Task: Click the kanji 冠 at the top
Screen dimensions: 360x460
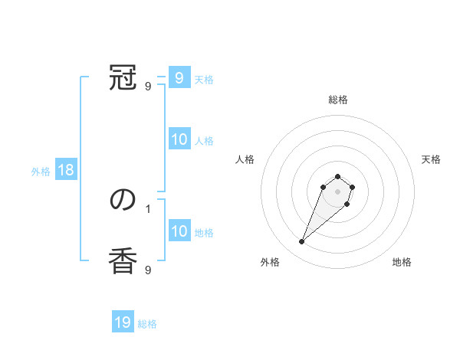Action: pos(123,79)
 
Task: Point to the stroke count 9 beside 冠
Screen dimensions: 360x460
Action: pos(148,87)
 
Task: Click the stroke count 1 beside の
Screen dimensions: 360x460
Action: pos(148,208)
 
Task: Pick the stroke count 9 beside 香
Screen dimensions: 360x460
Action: pos(148,270)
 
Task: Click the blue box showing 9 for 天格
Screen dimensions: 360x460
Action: pos(179,78)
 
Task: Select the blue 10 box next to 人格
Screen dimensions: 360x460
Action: pos(179,139)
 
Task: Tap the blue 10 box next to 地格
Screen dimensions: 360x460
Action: pos(179,231)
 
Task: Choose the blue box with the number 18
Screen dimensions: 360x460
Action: pos(66,170)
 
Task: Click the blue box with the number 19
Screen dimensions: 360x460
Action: pos(123,322)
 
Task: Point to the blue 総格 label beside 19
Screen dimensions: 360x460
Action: pos(147,324)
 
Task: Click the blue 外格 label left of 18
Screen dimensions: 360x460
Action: pos(41,172)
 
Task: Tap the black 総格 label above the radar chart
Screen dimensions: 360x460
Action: pos(338,100)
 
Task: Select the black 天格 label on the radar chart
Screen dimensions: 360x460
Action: pos(431,159)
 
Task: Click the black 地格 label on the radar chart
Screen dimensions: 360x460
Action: pos(402,262)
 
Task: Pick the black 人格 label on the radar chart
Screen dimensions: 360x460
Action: pos(245,159)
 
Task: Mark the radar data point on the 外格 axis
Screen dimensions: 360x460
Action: pos(302,242)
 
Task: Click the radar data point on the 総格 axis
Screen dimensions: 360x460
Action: pos(338,176)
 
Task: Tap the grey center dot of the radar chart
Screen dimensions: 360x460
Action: pos(338,191)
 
